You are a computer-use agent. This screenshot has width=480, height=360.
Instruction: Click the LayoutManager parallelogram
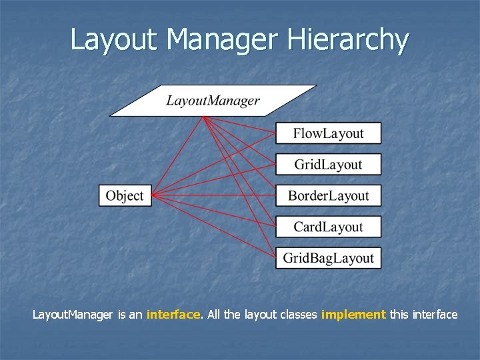[213, 101]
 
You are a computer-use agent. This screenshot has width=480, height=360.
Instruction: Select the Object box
[125, 195]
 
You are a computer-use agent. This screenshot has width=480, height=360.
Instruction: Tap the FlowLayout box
[328, 133]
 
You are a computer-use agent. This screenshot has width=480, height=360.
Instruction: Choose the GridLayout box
[328, 165]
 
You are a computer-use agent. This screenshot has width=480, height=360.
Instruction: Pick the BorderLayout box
[328, 195]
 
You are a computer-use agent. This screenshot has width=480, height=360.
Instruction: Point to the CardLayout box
[328, 227]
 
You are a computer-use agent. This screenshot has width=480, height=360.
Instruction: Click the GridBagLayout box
[328, 258]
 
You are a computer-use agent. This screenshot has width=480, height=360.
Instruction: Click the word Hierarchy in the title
[347, 39]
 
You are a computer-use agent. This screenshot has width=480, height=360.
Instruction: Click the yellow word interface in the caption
[173, 314]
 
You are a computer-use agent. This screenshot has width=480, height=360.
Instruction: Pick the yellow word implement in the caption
[353, 314]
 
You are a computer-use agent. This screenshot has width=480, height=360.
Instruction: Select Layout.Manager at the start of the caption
[73, 314]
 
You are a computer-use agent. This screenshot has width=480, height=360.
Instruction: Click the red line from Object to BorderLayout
[213, 195]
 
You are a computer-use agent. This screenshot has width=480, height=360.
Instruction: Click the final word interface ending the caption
[433, 314]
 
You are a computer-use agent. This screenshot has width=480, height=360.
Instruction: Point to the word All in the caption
[213, 314]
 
